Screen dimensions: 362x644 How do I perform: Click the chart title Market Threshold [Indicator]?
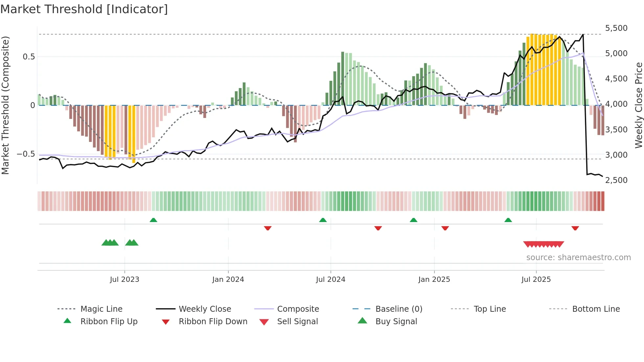pyautogui.click(x=84, y=9)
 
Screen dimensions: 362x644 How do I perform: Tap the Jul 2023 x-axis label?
pyautogui.click(x=125, y=280)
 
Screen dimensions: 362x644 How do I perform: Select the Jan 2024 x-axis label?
pyautogui.click(x=228, y=280)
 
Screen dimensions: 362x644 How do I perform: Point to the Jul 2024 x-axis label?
pyautogui.click(x=331, y=280)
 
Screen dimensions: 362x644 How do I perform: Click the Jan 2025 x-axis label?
pyautogui.click(x=434, y=280)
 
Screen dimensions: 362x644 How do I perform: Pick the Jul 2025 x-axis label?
pyautogui.click(x=536, y=280)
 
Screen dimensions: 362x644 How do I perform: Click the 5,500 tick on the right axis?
pyautogui.click(x=616, y=28)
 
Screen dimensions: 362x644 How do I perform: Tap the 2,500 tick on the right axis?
pyautogui.click(x=616, y=180)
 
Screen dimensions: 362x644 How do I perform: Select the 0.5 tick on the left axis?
pyautogui.click(x=29, y=57)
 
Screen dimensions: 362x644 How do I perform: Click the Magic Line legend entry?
pyautogui.click(x=101, y=309)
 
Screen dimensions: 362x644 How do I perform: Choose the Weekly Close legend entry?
pyautogui.click(x=205, y=309)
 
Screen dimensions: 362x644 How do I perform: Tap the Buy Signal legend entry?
pyautogui.click(x=396, y=322)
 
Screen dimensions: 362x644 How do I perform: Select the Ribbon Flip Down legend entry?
pyautogui.click(x=213, y=322)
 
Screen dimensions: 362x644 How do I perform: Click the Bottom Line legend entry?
pyautogui.click(x=596, y=309)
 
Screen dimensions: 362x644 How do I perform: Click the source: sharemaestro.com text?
pyautogui.click(x=578, y=258)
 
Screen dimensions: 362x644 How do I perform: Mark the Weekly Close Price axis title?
pyautogui.click(x=638, y=105)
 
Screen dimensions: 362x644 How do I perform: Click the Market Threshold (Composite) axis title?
pyautogui.click(x=5, y=105)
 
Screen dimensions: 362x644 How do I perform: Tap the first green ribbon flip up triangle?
pyautogui.click(x=153, y=220)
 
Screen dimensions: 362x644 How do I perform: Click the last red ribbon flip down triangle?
pyautogui.click(x=575, y=228)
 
